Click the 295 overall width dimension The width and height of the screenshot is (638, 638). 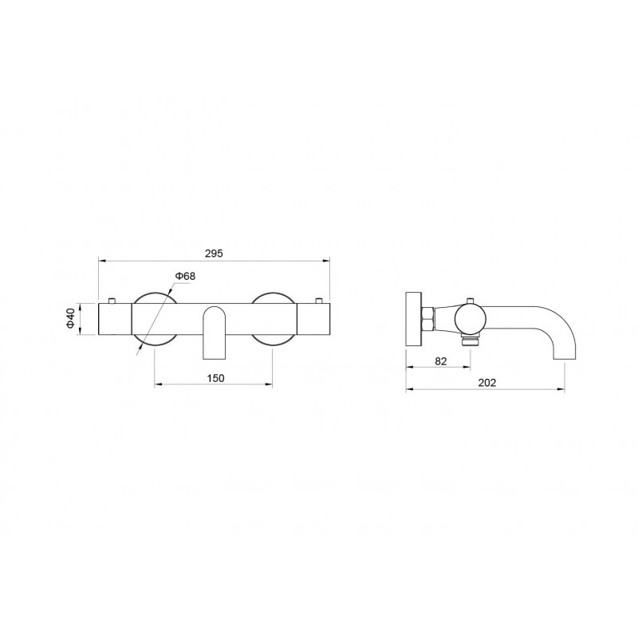tap(214, 254)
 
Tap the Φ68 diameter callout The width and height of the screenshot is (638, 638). tap(185, 276)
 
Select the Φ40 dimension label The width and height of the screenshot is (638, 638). tap(70, 318)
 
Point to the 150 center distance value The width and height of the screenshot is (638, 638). tap(215, 378)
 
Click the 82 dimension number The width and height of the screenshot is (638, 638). tap(441, 361)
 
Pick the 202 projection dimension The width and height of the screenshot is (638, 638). tap(487, 383)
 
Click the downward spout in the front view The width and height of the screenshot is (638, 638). tap(214, 333)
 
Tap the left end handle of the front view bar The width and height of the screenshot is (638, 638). tap(115, 320)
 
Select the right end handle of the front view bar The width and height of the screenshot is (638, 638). tap(313, 320)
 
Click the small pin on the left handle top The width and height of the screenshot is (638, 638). tap(111, 301)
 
